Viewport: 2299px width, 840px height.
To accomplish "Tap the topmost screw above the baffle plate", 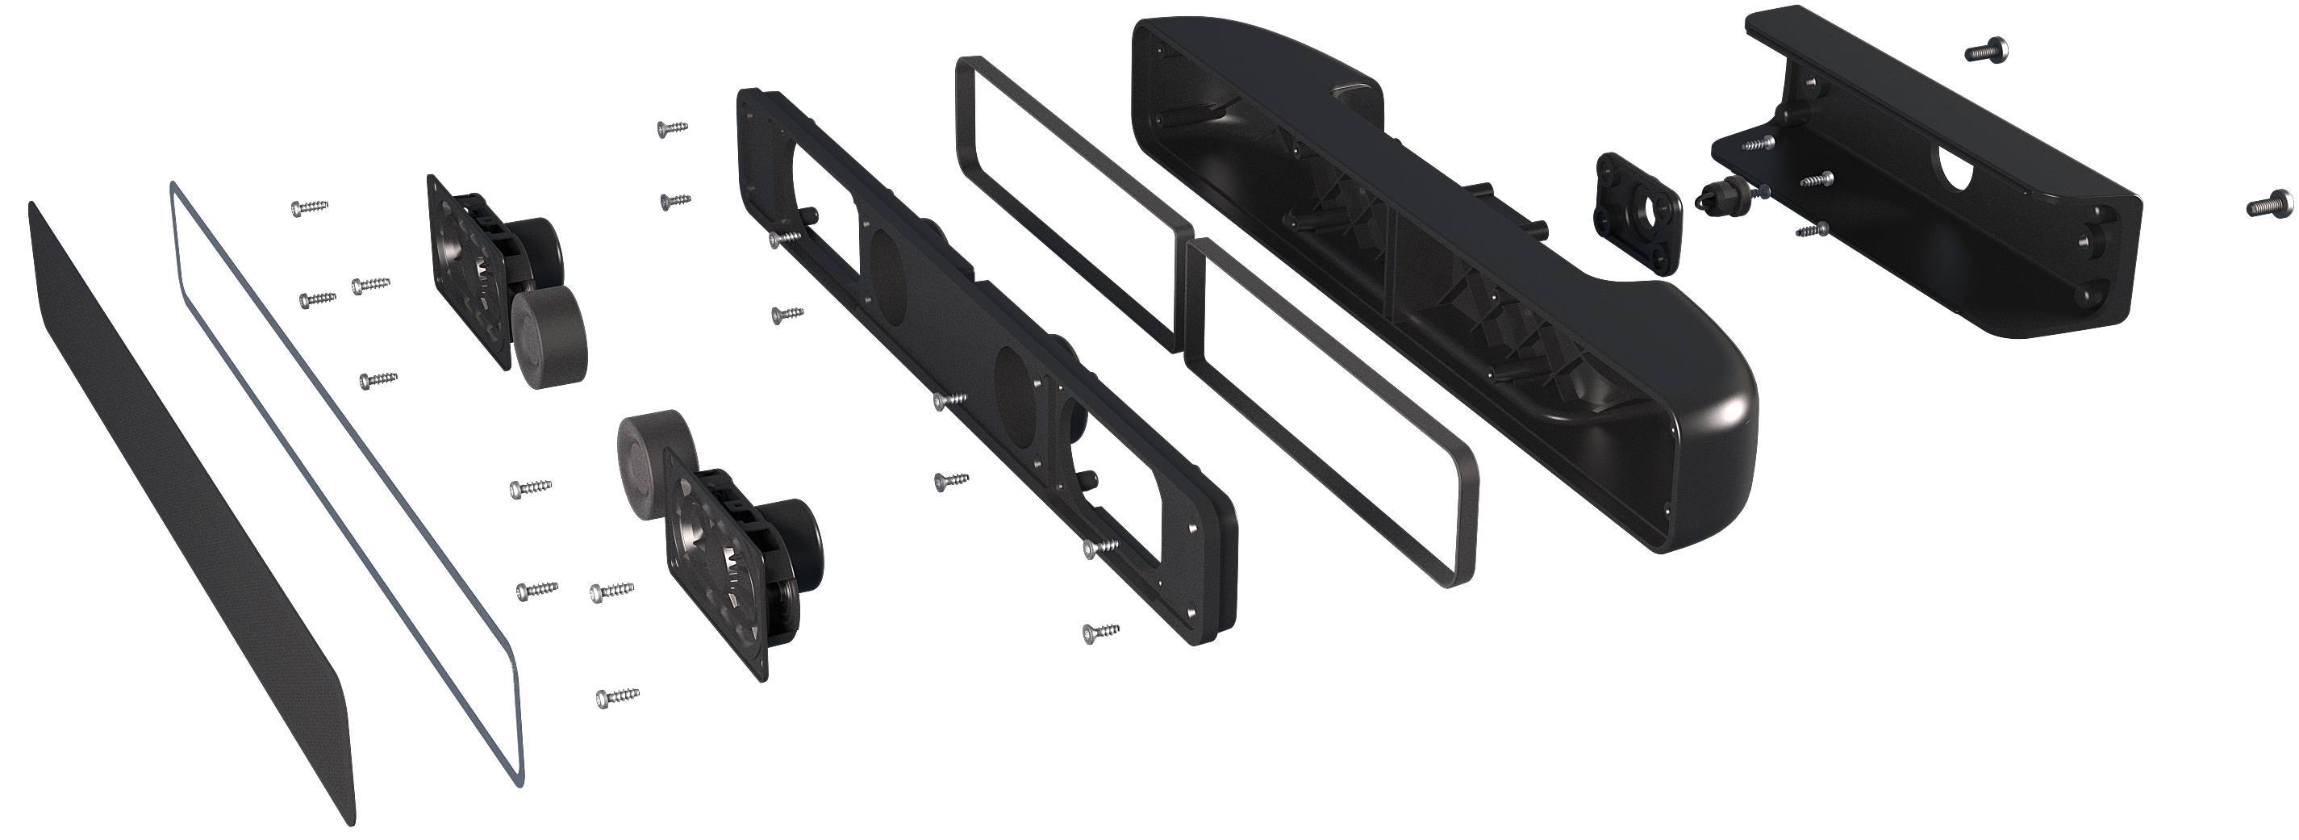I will [x=670, y=129].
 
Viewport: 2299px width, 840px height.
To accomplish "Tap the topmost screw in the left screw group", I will [x=309, y=207].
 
